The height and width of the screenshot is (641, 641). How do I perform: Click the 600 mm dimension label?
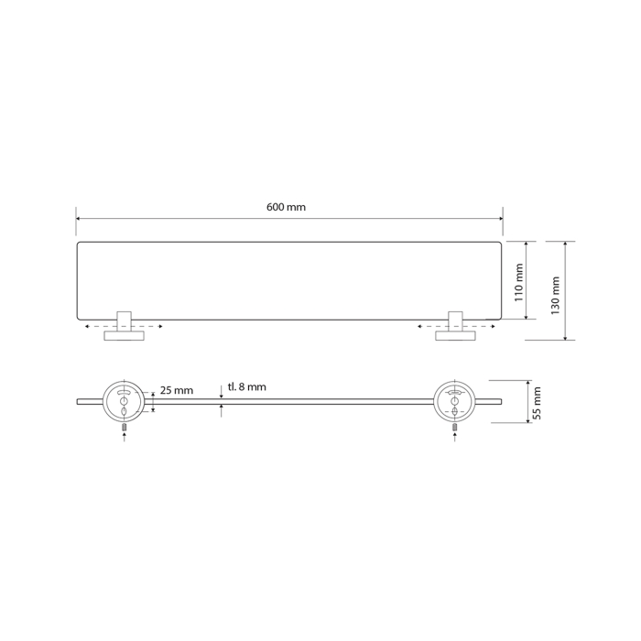click(x=286, y=207)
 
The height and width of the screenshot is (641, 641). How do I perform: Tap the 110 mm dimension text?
click(x=519, y=282)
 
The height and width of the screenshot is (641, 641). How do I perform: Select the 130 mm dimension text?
click(x=555, y=296)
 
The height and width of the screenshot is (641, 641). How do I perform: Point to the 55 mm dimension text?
click(x=538, y=403)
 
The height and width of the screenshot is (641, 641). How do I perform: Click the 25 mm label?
click(x=176, y=390)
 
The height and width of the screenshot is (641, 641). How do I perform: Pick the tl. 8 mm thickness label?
click(x=247, y=386)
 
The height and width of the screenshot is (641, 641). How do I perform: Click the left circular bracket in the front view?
click(x=123, y=401)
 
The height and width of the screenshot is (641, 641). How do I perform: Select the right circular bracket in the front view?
click(x=454, y=401)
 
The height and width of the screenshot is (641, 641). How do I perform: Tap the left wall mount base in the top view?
click(x=125, y=336)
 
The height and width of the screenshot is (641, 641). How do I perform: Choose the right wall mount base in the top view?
click(x=455, y=336)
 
